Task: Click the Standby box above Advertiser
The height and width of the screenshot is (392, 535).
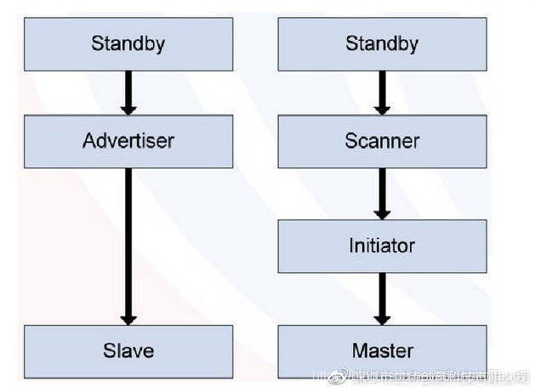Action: (x=128, y=43)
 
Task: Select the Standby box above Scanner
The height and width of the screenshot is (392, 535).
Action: (x=382, y=43)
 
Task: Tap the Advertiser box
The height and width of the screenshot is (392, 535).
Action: (x=128, y=141)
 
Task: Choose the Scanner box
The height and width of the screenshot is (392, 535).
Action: (x=382, y=141)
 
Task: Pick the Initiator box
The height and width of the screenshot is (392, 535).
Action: (x=382, y=246)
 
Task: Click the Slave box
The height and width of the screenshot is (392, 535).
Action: (x=128, y=350)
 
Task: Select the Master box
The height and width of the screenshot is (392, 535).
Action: (x=382, y=350)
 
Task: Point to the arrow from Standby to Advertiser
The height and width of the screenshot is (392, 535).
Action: (x=128, y=92)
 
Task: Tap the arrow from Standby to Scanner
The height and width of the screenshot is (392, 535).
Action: (x=382, y=92)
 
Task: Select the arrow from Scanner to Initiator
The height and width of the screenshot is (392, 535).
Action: (x=382, y=192)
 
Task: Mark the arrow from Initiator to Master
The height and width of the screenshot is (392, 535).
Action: (x=382, y=297)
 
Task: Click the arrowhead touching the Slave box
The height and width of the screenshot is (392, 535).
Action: (x=128, y=318)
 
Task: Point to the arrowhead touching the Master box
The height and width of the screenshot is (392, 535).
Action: (x=382, y=318)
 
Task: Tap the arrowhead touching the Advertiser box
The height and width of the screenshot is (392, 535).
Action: (x=128, y=109)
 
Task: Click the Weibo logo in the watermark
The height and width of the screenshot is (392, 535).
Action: (x=339, y=374)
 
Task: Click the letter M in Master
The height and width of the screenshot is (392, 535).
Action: (x=358, y=350)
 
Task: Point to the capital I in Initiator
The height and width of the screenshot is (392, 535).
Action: (x=351, y=246)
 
